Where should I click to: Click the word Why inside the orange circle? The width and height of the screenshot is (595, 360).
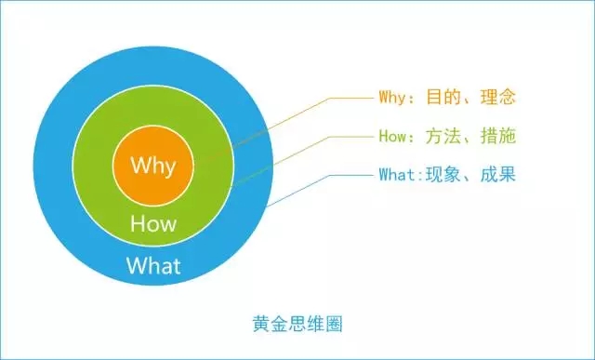point(152,167)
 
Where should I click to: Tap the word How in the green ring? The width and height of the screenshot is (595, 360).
point(153,224)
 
